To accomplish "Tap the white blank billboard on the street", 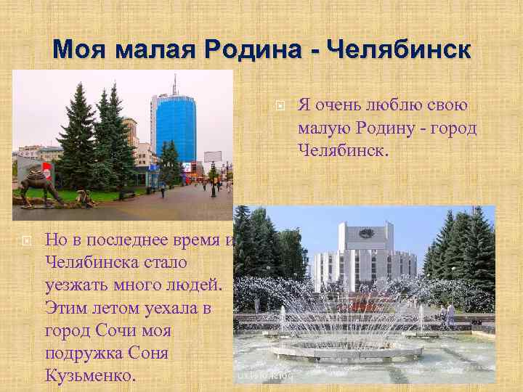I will pyautogui.click(x=213, y=156).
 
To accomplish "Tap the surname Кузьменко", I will pyautogui.click(x=89, y=377).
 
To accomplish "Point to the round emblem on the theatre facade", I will pyautogui.click(x=366, y=232).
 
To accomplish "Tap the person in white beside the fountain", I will pyautogui.click(x=450, y=314).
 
